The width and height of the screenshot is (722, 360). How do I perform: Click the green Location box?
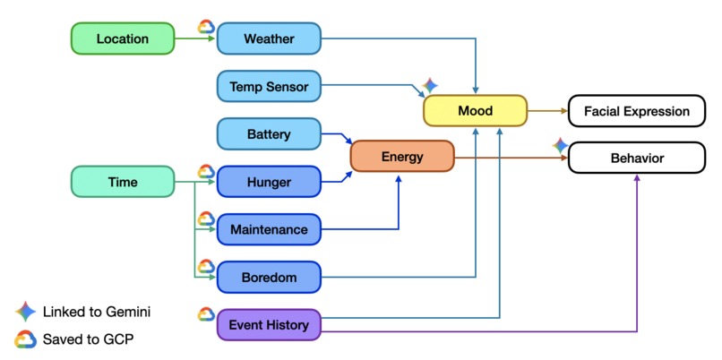point(123,39)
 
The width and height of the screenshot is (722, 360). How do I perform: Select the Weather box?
point(269,39)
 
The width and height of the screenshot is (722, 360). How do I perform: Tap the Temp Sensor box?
point(269,86)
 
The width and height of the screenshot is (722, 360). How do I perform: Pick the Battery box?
point(269,134)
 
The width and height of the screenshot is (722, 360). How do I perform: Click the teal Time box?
point(123,182)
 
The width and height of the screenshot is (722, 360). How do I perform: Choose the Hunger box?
point(269,182)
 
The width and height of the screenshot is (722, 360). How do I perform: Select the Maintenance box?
point(269,229)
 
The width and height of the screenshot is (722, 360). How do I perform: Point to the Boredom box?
point(269,277)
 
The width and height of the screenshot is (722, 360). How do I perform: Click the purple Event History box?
point(269,325)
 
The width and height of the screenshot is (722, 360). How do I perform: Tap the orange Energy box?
point(402,157)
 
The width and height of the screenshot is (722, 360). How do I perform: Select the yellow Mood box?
point(475,110)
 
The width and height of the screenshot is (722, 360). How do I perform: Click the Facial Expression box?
point(637,111)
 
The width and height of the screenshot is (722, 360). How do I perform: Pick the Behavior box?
point(637,158)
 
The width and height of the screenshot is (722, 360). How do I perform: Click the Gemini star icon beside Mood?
point(430,85)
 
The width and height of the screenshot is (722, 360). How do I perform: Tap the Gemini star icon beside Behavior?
point(561,145)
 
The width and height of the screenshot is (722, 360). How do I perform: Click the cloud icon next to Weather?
point(206,27)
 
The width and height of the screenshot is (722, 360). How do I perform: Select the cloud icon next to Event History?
point(206,314)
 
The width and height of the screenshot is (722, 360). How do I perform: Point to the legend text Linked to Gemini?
point(97,313)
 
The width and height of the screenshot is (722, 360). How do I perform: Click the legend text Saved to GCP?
point(88,339)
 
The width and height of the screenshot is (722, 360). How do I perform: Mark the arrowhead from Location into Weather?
point(212,39)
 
